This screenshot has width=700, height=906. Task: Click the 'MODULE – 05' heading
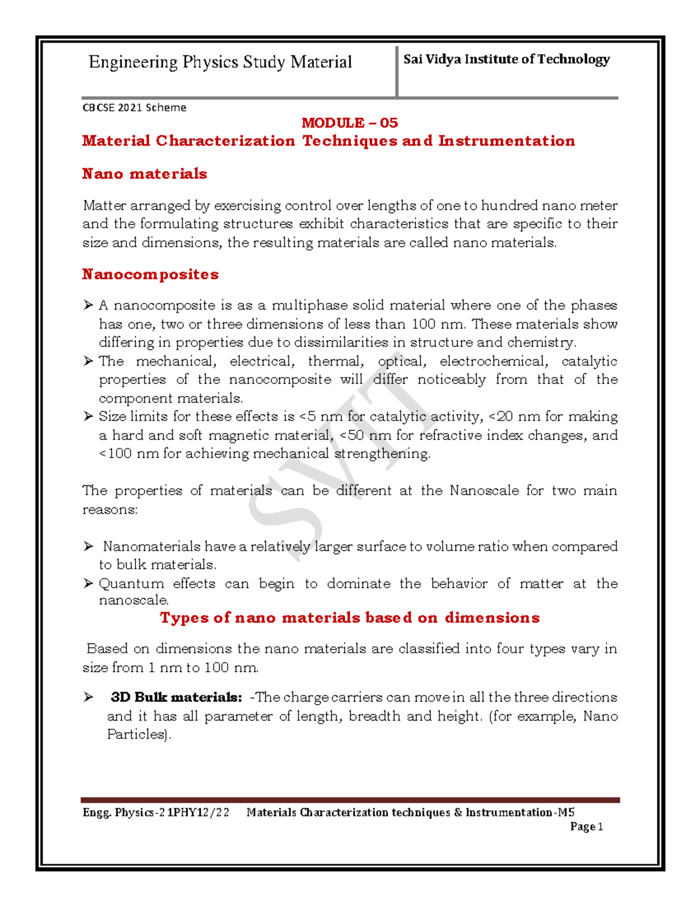click(x=349, y=123)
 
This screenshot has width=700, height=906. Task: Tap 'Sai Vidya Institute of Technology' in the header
click(x=506, y=59)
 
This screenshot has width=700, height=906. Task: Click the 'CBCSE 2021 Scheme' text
click(x=134, y=107)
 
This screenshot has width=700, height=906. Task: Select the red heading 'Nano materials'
click(x=144, y=174)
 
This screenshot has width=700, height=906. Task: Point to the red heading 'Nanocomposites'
click(x=150, y=274)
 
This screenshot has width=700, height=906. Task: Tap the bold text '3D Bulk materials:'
click(x=176, y=697)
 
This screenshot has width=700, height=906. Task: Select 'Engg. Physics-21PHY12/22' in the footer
click(x=156, y=812)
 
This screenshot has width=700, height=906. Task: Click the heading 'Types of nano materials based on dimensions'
click(x=349, y=618)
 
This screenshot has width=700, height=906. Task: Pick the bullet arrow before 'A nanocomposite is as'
click(x=88, y=305)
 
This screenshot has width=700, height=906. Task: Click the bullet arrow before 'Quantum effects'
click(x=88, y=583)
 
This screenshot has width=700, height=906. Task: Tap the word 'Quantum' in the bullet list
click(x=131, y=583)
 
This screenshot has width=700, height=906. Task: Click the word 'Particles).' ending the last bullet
click(x=139, y=734)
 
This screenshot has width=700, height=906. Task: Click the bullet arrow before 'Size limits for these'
click(x=88, y=417)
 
